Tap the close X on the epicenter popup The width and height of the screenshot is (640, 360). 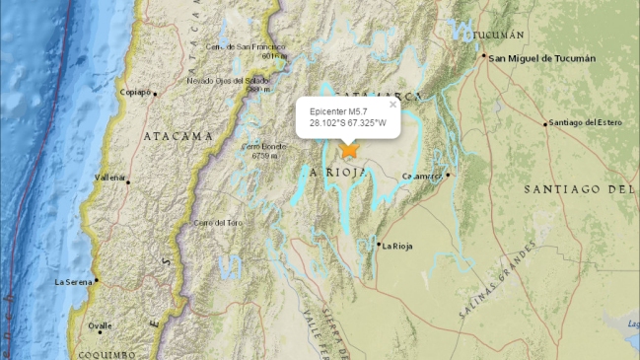[392, 104]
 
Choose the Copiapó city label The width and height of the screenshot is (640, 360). [137, 93]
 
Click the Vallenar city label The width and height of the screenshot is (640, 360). [109, 178]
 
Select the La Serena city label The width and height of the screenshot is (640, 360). [73, 282]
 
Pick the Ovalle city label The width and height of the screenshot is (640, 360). [100, 324]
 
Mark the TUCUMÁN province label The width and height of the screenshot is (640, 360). [498, 35]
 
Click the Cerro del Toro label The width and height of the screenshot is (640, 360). [218, 223]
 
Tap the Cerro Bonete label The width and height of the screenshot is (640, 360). [263, 147]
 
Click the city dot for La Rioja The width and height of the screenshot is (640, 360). [378, 244]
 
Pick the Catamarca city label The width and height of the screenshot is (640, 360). [423, 176]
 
